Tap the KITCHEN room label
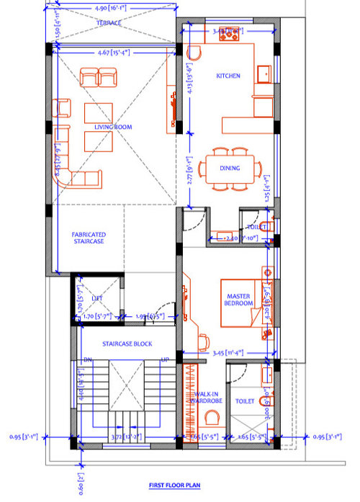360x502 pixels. pyautogui.click(x=228, y=76)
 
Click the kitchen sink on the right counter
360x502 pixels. pyautogui.click(x=264, y=73)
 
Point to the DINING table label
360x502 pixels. pyautogui.click(x=230, y=169)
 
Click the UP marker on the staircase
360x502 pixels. pyautogui.click(x=165, y=359)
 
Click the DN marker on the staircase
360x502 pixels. pyautogui.click(x=87, y=359)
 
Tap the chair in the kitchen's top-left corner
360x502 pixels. pyautogui.click(x=194, y=53)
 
